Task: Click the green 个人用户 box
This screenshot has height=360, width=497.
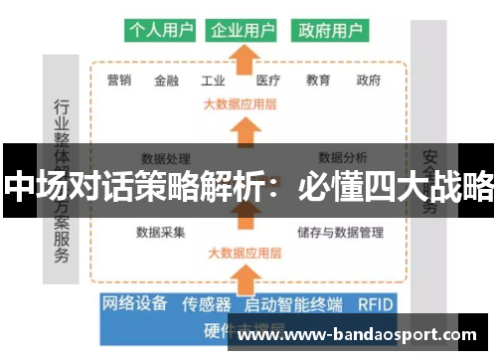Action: [x=161, y=30]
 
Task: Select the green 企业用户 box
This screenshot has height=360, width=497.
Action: [x=243, y=30]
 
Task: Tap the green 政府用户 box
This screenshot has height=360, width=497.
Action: [x=329, y=30]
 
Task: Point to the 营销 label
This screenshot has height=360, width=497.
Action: [x=118, y=81]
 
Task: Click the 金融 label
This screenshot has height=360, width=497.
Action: [x=168, y=81]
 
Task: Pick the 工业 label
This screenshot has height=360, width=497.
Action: [x=214, y=81]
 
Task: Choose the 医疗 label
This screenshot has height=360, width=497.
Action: [x=268, y=81]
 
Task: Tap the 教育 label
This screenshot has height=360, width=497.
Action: [x=318, y=81]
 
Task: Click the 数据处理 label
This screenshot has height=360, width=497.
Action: [x=166, y=157]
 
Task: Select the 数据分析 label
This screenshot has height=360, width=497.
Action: [x=343, y=156]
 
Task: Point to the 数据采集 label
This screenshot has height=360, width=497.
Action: [x=161, y=233]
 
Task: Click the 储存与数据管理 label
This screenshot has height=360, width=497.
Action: [x=340, y=233]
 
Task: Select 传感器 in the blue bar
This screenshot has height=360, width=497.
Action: [x=208, y=304]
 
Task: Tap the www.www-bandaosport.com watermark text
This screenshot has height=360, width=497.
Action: [x=363, y=335]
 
